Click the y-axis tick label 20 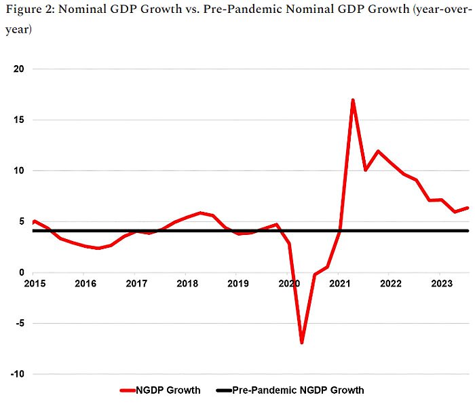coord(18,69)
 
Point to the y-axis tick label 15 coord(18,120)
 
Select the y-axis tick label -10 coord(17,374)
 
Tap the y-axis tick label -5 coord(19,323)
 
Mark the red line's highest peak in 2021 coord(353,100)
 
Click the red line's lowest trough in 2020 coord(301,342)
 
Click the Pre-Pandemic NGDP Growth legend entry coord(298,390)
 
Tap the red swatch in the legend coord(128,390)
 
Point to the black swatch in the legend coord(223,390)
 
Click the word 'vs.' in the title coord(186,12)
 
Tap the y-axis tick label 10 coord(18,171)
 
